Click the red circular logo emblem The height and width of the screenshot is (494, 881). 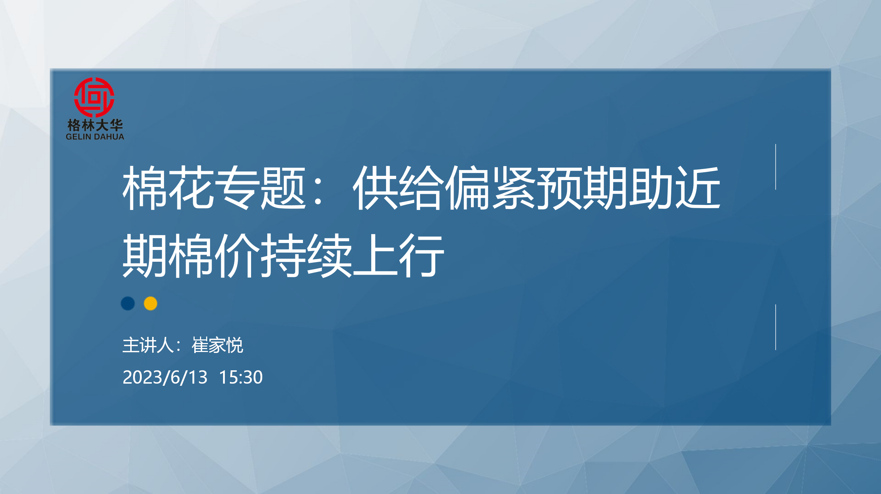pos(94,97)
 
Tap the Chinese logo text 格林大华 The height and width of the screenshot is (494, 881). pos(95,125)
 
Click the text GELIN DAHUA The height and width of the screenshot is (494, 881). pos(95,137)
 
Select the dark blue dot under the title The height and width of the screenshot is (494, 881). pos(128,303)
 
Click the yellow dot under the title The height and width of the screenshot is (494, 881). pos(150,303)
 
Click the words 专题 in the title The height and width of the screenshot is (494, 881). pos(260,188)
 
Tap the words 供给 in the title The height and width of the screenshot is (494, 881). pos(398,188)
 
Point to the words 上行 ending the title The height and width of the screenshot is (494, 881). pos(399,255)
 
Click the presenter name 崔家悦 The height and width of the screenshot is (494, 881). pos(218,346)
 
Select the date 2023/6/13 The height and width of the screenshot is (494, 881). pos(165,377)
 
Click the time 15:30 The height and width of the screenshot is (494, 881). pos(241,377)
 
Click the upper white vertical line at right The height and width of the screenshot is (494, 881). pos(776,167)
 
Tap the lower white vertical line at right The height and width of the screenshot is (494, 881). pos(776,327)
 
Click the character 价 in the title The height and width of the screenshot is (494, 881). pos(237,255)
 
